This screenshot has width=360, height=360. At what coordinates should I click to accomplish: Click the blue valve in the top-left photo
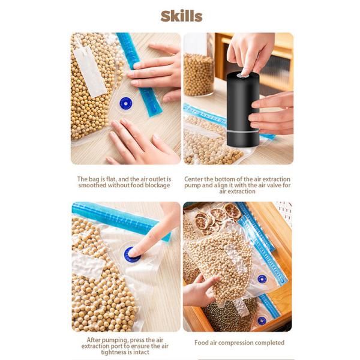coord(125,103)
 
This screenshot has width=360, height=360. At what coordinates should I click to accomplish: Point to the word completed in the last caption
coord(267,343)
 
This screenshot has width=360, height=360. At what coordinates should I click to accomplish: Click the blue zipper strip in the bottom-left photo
coord(114,218)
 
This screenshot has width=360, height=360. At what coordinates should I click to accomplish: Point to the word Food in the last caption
coord(202,343)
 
